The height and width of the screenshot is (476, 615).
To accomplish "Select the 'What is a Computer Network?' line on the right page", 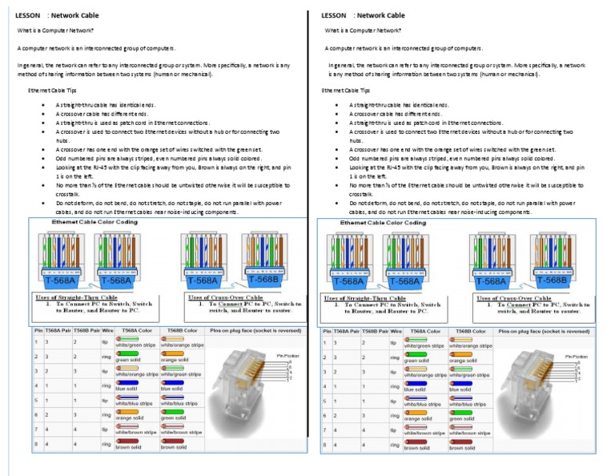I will [x=363, y=30].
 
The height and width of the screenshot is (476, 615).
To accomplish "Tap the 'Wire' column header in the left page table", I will [x=107, y=330].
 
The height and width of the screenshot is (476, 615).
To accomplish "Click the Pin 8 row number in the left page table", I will [x=36, y=443].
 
